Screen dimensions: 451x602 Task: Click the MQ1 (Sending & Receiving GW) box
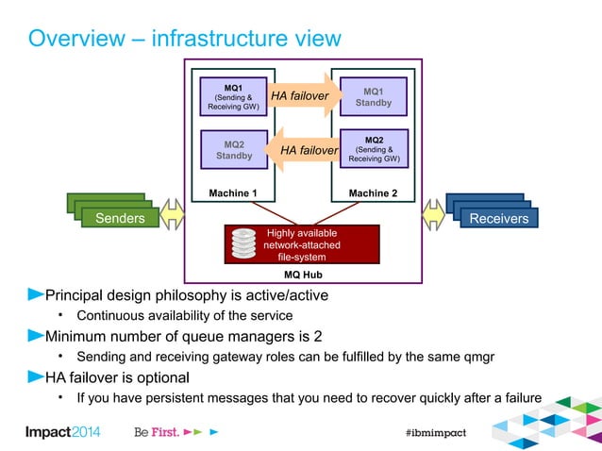230,96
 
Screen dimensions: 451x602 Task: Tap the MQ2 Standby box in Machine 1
230,149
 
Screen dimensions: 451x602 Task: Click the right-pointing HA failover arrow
303,96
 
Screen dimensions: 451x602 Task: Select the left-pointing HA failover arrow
305,150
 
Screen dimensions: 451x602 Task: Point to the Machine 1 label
231,193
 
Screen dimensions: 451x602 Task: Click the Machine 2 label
374,193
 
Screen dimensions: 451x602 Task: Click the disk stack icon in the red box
244,244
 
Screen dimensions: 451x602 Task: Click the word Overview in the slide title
75,39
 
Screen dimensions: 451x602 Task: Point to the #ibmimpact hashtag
435,431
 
